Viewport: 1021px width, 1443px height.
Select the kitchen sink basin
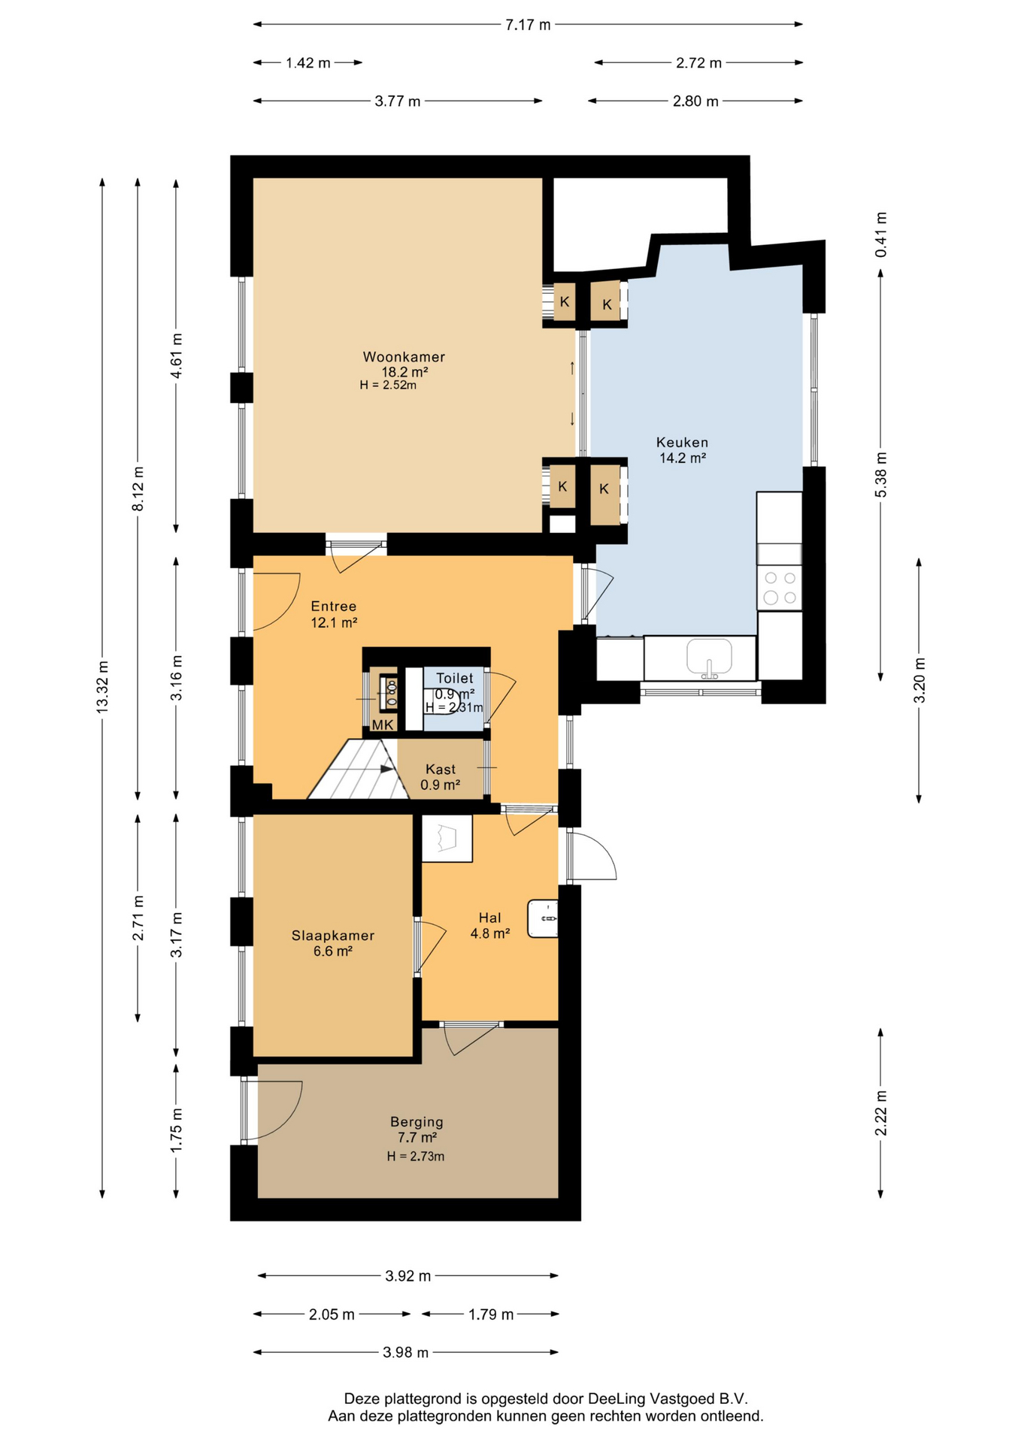coord(709,657)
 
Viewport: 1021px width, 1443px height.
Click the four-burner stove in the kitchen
coord(780,588)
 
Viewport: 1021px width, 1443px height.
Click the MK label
coord(383,725)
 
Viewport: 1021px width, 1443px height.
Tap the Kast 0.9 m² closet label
coord(441,777)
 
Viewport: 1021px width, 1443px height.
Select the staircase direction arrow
coord(386,769)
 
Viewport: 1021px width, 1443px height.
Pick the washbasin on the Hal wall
coord(543,918)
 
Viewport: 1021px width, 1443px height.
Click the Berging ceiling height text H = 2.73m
coord(416,1157)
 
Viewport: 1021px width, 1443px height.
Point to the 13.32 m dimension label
coord(102,686)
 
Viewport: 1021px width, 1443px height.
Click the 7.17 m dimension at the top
coord(528,25)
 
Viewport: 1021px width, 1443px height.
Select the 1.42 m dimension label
coord(308,63)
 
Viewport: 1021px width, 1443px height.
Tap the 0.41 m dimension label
coord(880,234)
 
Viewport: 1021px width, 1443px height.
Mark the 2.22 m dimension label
coord(880,1114)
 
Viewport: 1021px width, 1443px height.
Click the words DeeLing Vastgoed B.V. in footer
coord(668,1399)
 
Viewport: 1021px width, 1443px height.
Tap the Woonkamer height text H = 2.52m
coord(388,386)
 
